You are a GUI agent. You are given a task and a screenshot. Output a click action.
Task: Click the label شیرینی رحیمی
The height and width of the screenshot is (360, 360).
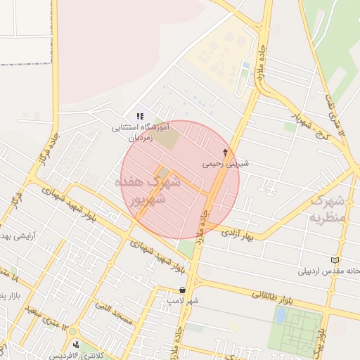226,163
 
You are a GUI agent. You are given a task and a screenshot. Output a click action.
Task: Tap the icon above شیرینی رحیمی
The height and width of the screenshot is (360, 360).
226,152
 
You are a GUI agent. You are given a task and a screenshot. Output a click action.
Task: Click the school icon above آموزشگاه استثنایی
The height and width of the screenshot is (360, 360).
140,116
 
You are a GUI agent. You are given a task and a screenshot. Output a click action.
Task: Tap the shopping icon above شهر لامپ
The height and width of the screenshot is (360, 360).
183,290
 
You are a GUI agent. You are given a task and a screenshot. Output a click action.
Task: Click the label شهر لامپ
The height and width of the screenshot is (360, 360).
183,300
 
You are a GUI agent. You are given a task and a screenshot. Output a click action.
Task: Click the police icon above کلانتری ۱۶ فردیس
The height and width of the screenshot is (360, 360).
75,344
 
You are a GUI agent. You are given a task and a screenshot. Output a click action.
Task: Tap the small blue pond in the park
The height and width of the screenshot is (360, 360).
281,316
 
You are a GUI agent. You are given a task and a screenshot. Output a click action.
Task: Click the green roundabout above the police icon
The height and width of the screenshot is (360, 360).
72,330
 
